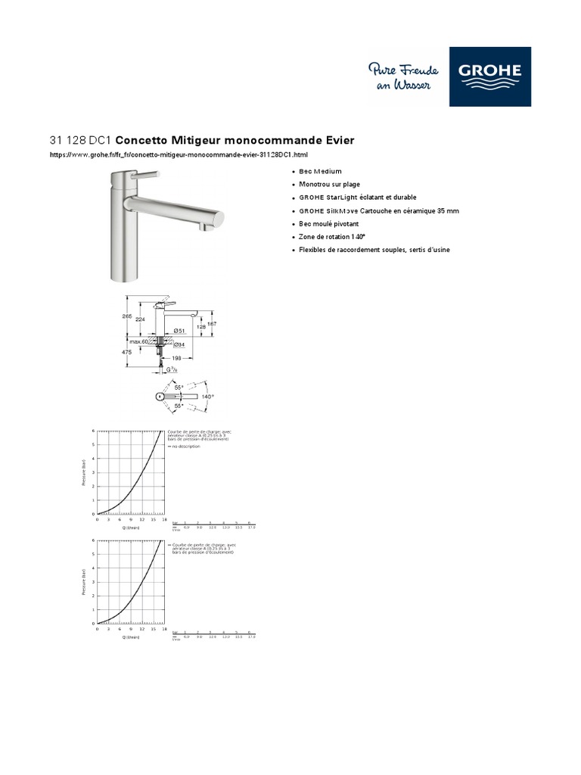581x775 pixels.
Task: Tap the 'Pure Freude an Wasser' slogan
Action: click(399, 77)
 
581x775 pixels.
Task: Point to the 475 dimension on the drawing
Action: click(127, 352)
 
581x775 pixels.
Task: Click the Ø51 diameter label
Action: click(181, 331)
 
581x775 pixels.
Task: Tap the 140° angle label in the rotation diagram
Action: click(207, 397)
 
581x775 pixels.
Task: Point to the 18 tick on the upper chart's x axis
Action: click(164, 520)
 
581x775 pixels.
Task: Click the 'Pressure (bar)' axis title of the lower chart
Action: click(83, 583)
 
